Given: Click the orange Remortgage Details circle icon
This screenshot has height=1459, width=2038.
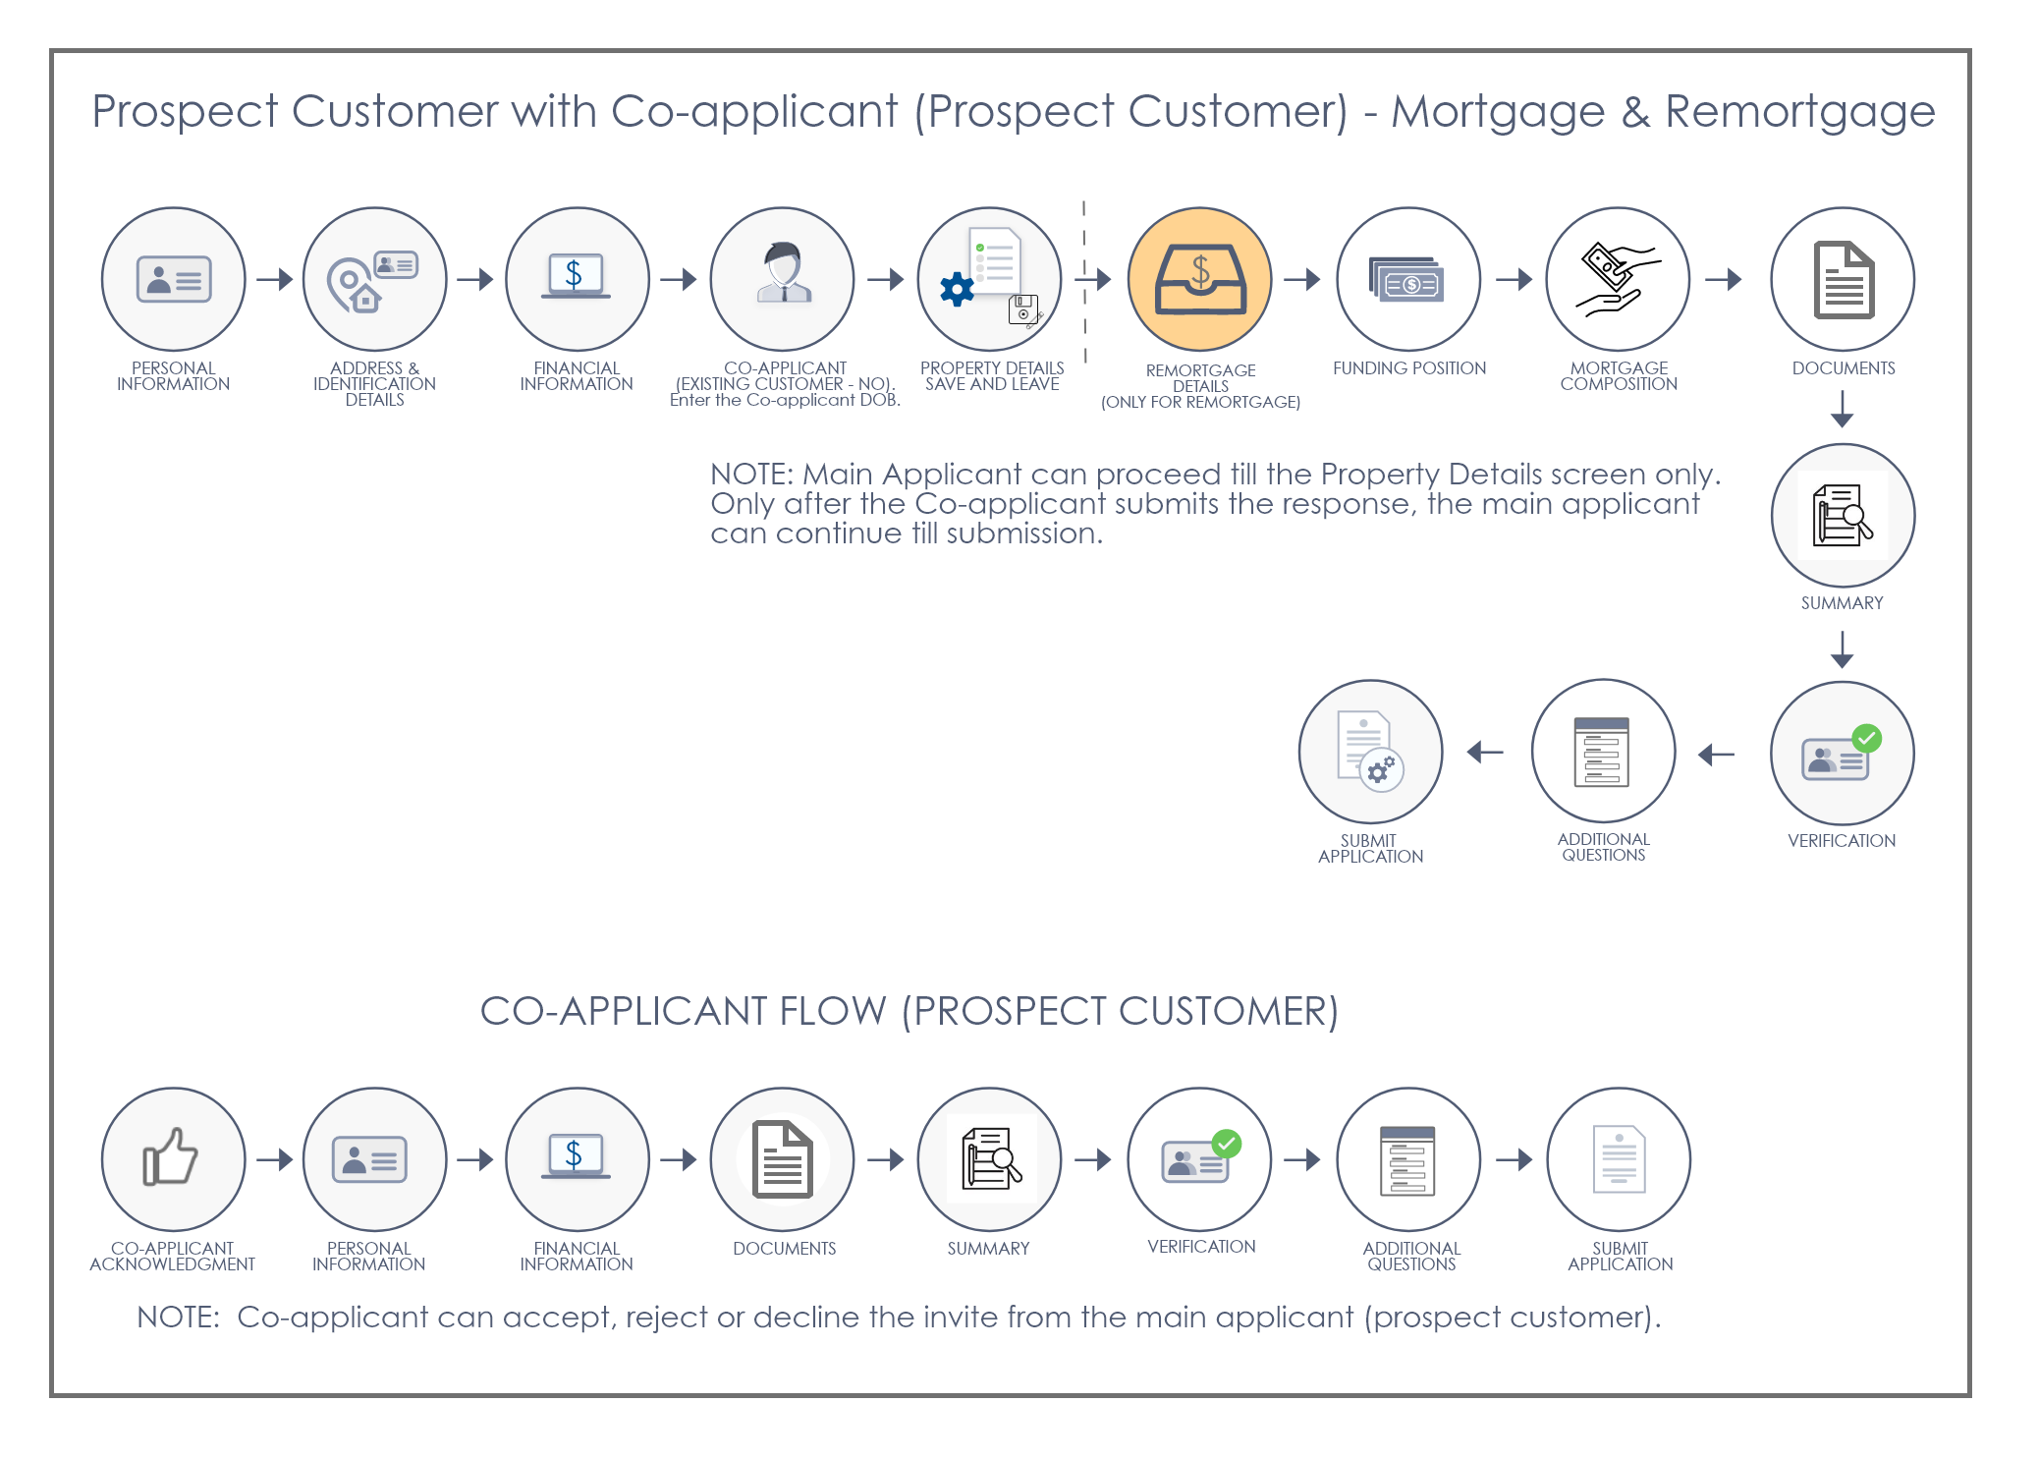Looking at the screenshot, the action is coord(1199,279).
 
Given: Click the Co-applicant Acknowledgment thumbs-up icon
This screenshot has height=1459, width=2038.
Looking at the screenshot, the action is coord(170,1156).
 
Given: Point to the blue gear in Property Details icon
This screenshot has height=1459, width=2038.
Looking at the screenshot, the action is coord(957,289).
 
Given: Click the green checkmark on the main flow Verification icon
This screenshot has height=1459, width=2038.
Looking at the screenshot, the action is coord(1866,739).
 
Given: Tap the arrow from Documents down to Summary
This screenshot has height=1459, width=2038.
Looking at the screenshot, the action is coord(1843,409).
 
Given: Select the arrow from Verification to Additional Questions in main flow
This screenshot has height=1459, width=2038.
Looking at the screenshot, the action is coord(1717,754).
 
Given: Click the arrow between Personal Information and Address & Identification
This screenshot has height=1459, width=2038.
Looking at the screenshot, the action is coord(275,279).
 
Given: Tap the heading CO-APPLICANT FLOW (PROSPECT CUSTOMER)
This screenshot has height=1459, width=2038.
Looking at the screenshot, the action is coord(909,1011).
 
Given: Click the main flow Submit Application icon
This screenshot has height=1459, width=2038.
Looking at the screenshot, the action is coord(1370,751).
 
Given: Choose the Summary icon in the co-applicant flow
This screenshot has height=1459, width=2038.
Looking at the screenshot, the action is coord(990,1159).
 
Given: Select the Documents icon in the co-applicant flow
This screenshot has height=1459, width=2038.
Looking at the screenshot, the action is coord(783,1159).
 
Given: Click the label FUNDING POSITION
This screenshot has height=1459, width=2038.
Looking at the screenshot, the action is coord(1409,368).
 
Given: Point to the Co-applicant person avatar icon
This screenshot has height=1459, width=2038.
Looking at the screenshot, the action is coord(784,272).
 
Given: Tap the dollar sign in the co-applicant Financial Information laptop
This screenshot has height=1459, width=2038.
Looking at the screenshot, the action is coord(574,1153).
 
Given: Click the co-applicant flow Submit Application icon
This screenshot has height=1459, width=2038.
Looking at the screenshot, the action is coord(1619,1159).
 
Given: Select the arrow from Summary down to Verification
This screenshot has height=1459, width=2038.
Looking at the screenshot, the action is coord(1843,648).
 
